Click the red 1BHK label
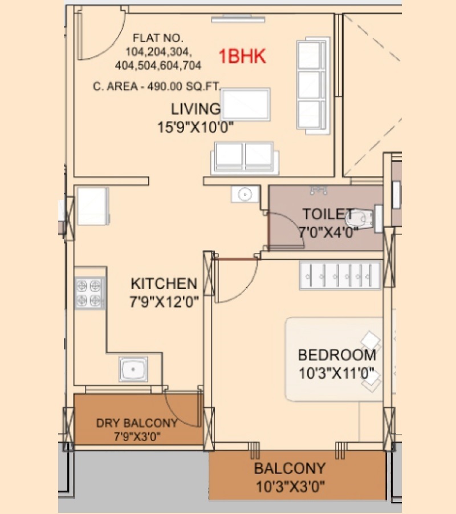coord(242,56)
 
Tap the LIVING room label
coord(196,109)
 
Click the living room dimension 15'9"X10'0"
coord(196,127)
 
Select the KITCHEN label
coord(164,283)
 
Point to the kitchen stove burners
coord(89,293)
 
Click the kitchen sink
coord(133,369)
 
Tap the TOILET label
coord(328,214)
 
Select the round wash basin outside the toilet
coord(245,194)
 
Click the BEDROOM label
coord(337,355)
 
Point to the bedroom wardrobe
coord(340,275)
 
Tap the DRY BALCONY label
coord(137,423)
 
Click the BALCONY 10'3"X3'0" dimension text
coord(291,487)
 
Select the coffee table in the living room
coord(246,105)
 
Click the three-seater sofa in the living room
coord(313,86)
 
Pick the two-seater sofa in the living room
coord(245,158)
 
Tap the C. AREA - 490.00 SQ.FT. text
coord(156,86)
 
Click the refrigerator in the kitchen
coord(93,206)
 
